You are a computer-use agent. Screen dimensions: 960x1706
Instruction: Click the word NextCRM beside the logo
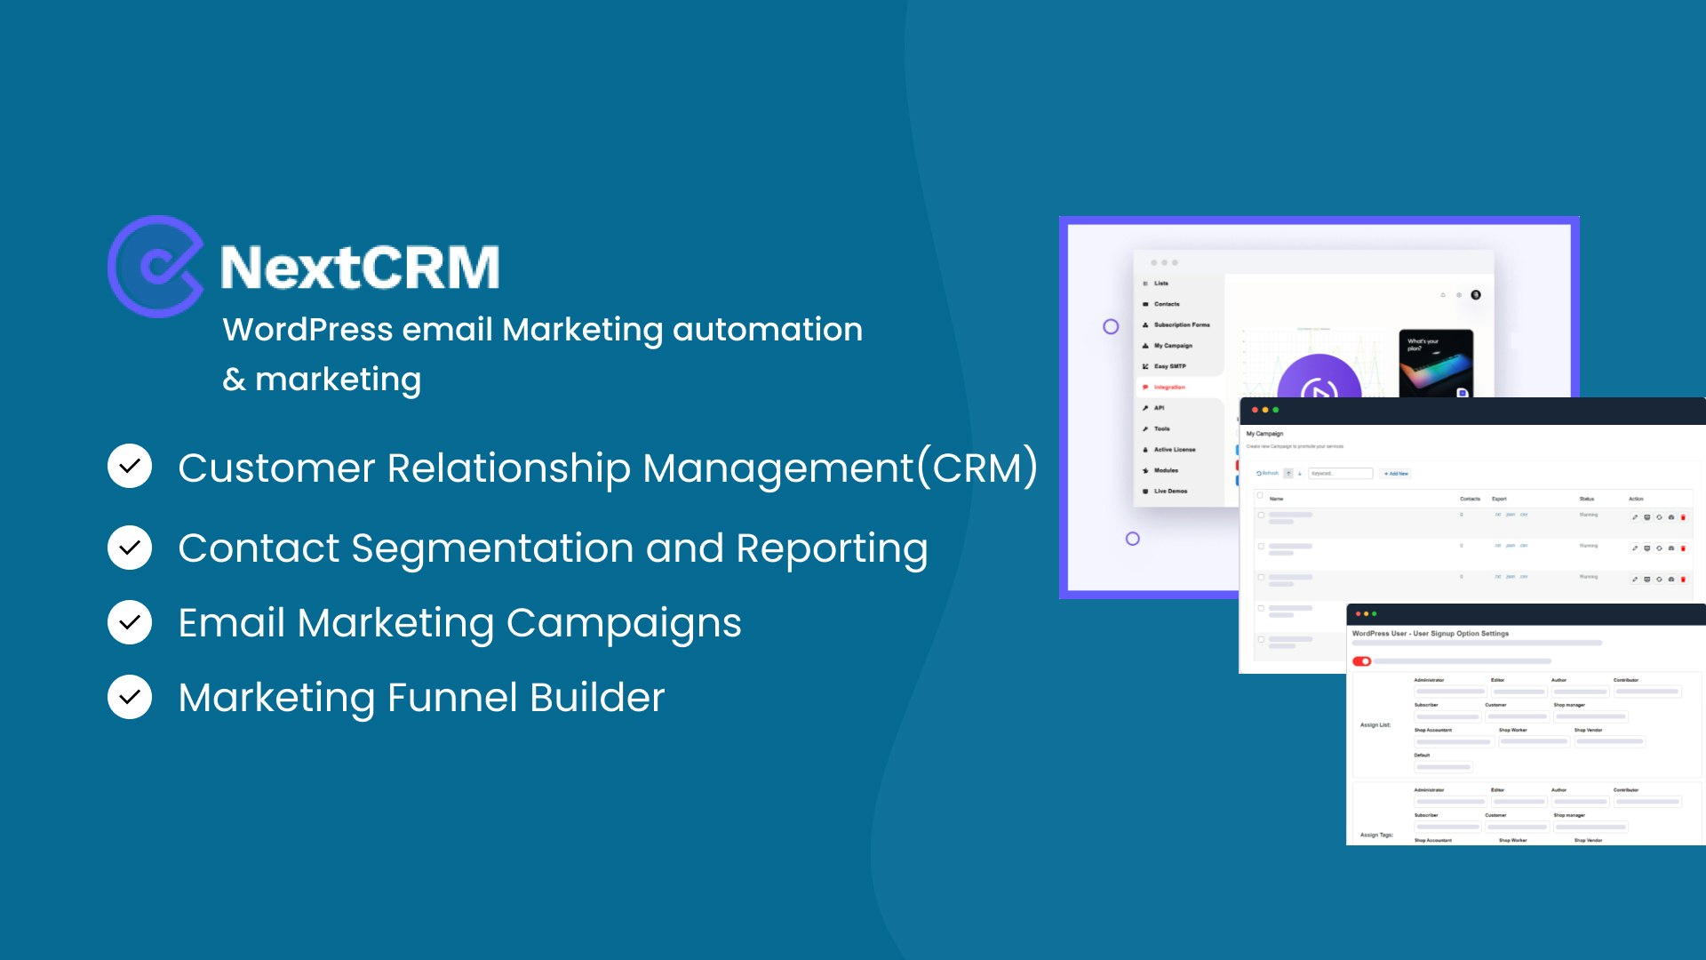tap(360, 268)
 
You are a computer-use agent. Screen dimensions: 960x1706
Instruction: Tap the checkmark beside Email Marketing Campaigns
tap(130, 622)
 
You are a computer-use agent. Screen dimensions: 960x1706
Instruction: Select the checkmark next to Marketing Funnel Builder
tap(130, 697)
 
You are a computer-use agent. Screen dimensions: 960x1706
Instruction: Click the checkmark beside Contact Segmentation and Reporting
tap(130, 548)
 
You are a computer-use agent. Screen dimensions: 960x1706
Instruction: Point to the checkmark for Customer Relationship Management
tap(130, 467)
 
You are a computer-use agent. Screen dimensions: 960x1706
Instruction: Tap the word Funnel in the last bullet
tap(452, 698)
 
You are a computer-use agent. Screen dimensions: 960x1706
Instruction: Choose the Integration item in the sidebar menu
tap(1169, 388)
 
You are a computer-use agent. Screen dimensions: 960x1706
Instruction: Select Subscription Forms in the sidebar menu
tap(1181, 325)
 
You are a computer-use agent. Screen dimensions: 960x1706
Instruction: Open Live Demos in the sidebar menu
tap(1170, 492)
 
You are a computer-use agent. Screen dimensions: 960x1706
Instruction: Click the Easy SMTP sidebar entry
tap(1169, 366)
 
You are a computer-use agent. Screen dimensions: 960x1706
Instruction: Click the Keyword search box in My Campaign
tap(1340, 474)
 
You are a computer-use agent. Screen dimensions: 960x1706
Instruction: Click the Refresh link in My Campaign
tap(1268, 474)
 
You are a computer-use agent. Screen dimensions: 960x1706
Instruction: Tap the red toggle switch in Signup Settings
tap(1361, 661)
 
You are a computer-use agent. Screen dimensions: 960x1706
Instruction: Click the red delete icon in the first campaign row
tap(1683, 517)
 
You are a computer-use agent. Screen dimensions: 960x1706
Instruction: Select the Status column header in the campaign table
tap(1587, 499)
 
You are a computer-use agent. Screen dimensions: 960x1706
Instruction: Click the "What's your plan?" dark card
tap(1436, 363)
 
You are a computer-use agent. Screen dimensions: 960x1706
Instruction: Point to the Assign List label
tap(1375, 725)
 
